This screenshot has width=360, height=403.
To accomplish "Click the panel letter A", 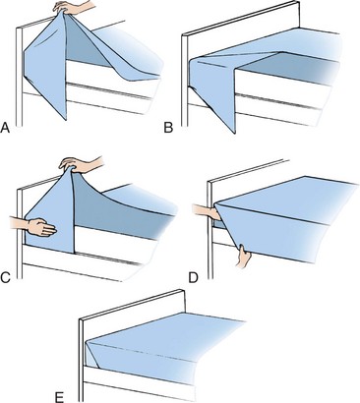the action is (5, 128).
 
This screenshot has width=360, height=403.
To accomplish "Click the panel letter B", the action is (168, 128).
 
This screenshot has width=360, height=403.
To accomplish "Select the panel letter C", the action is (6, 277).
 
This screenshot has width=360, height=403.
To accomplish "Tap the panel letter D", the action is (194, 277).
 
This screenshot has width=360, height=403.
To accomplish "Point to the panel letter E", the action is (59, 397).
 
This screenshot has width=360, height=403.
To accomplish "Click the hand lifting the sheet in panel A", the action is (76, 8).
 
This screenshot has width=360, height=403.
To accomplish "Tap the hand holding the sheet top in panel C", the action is (82, 165).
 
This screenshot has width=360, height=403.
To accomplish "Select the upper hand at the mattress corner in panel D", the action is (208, 212).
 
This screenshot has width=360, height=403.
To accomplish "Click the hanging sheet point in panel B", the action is (233, 132).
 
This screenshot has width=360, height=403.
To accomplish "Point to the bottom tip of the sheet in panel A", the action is (66, 119).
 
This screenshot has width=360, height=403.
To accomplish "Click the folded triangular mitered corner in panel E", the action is (92, 354).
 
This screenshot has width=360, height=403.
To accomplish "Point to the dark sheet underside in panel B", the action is (288, 69).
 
